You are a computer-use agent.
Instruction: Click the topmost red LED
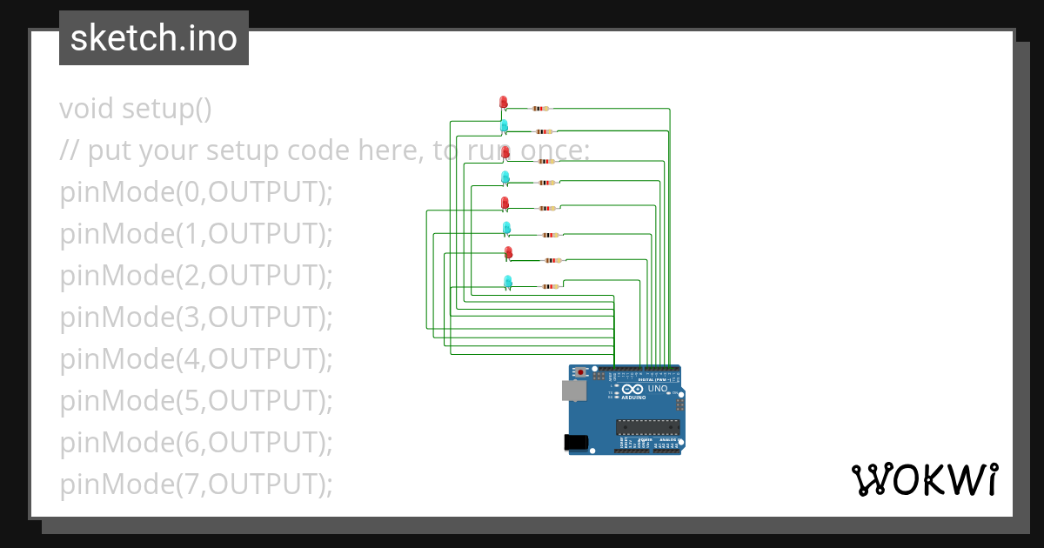pyautogui.click(x=503, y=102)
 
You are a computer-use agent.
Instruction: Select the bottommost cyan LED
pyautogui.click(x=508, y=281)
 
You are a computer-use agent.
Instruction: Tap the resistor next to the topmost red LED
pyautogui.click(x=540, y=109)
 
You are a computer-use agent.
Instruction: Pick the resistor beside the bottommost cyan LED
pyautogui.click(x=550, y=286)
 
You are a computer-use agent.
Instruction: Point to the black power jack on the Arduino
pyautogui.click(x=576, y=443)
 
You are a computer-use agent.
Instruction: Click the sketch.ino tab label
pyautogui.click(x=154, y=38)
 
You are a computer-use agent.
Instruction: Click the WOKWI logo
pyautogui.click(x=924, y=479)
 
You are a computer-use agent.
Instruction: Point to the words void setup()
pyautogui.click(x=136, y=109)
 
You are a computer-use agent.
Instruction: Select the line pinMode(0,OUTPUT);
pyautogui.click(x=197, y=192)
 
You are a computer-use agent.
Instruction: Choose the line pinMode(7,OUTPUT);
pyautogui.click(x=197, y=485)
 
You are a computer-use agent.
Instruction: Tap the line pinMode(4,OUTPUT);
pyautogui.click(x=197, y=359)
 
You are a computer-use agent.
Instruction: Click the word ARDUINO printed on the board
pyautogui.click(x=634, y=398)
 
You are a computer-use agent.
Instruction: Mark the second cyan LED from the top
pyautogui.click(x=505, y=177)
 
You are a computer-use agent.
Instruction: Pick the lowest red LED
pyautogui.click(x=509, y=252)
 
